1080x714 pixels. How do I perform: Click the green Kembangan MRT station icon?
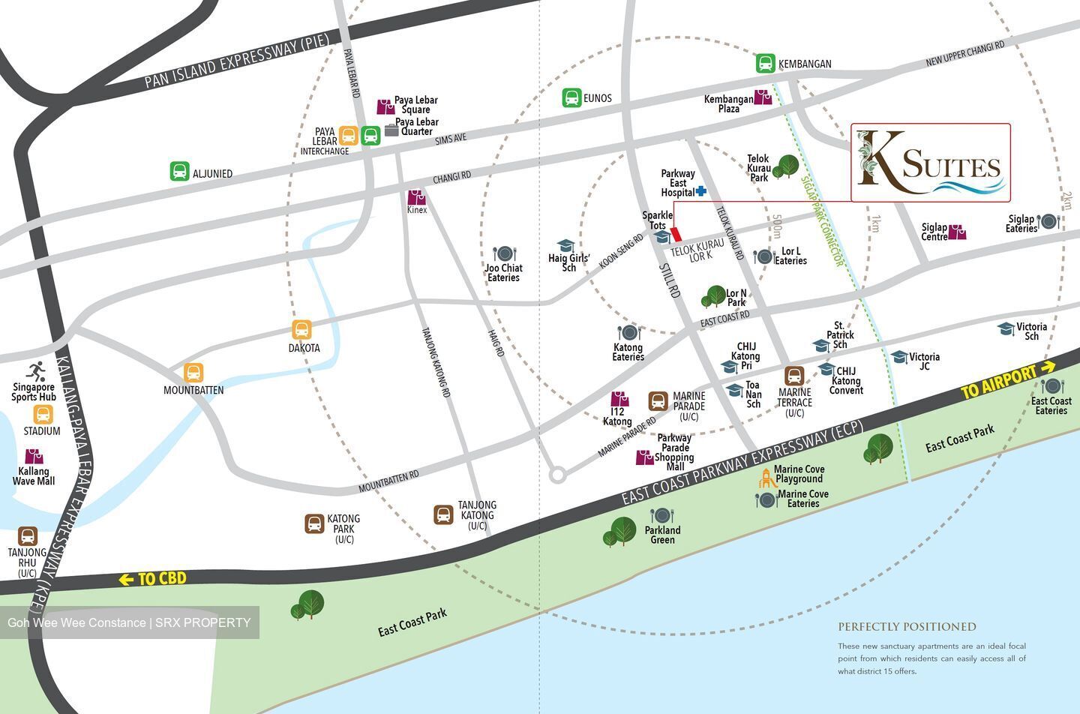point(765,63)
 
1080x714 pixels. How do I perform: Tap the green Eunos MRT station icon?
point(571,97)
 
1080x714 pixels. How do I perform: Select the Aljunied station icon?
point(179,172)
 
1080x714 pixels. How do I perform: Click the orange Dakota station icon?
point(301,330)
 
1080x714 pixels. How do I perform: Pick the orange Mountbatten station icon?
point(193,373)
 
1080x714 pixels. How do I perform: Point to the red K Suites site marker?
point(675,234)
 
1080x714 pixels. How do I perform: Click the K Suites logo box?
point(930,163)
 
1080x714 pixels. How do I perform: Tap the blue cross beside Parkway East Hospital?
point(701,191)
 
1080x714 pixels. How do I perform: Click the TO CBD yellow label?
point(152,579)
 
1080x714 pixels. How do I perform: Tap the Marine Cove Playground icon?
point(766,477)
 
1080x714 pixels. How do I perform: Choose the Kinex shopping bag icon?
point(417,197)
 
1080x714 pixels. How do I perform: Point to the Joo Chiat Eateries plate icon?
point(503,254)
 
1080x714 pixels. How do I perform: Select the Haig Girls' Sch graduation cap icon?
point(565,247)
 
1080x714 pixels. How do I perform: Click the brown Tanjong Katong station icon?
point(443,514)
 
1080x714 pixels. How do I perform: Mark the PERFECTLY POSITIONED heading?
point(907,627)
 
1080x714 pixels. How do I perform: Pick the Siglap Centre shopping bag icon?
point(957,232)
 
